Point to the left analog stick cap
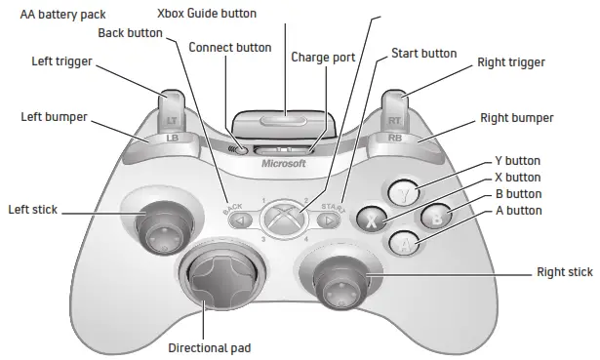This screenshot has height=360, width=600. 156,226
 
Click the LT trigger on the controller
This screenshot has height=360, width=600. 172,108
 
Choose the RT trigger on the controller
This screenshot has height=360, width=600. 395,108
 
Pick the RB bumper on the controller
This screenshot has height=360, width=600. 396,138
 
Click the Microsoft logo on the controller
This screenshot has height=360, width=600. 284,164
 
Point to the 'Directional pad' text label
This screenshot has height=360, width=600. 209,347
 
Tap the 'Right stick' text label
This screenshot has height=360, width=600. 565,271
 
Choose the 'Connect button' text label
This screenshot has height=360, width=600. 230,48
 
